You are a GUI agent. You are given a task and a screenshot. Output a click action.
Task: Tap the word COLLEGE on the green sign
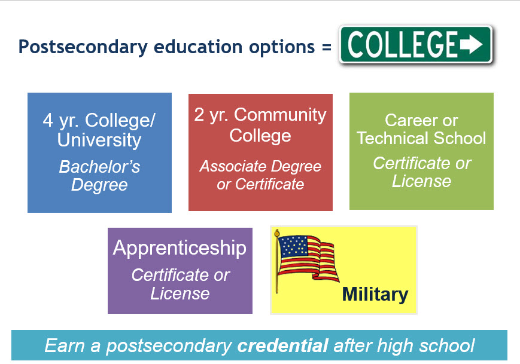[x=403, y=44]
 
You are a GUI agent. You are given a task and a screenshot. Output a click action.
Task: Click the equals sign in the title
[x=326, y=47]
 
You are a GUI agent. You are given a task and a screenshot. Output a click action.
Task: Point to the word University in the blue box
[x=99, y=140]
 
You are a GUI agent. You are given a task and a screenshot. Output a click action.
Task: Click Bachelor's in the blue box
[x=99, y=166]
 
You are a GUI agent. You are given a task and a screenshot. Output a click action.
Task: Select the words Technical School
[x=421, y=138]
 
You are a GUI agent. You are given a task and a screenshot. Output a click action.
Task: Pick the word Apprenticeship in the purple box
[x=180, y=247]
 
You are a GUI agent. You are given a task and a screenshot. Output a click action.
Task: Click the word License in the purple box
[x=180, y=293]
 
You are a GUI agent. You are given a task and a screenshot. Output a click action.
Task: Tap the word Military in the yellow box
[x=375, y=294]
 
